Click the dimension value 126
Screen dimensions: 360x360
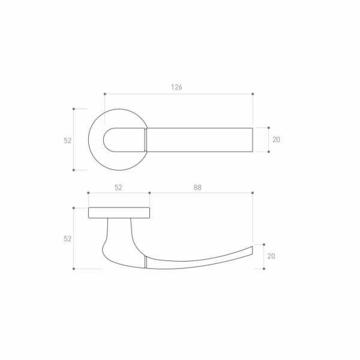point(176,87)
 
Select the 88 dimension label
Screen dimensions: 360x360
point(197,188)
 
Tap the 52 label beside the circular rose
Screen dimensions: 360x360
point(67,140)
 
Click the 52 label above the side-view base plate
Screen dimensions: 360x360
point(118,188)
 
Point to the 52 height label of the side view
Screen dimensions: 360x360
point(67,239)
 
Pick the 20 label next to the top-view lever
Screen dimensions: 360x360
point(276,140)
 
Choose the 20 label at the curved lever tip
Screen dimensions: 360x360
point(271,256)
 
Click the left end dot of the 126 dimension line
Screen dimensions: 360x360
point(105,94)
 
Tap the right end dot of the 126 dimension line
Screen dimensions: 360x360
point(253,94)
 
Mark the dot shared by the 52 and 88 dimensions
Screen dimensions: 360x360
point(149,193)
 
